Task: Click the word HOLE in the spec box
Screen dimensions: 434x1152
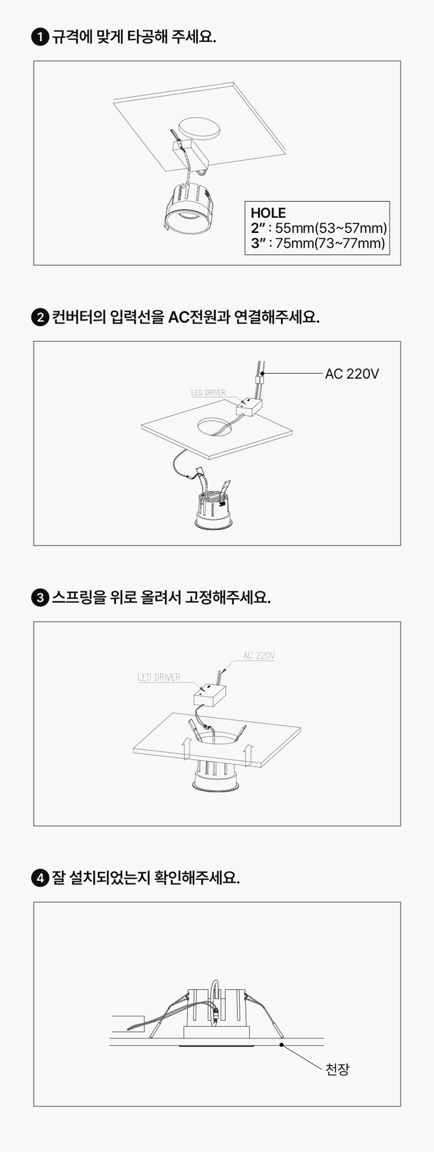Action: pos(268,213)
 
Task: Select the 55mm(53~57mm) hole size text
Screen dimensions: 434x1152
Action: pos(331,228)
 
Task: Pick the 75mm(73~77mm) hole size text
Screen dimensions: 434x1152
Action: pos(330,243)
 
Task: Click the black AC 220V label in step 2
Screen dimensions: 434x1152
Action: pos(352,374)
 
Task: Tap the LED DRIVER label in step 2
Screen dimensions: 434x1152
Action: pos(208,393)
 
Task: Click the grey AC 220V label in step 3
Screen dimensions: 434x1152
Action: pos(259,656)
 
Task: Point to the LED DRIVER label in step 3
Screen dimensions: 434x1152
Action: pos(159,678)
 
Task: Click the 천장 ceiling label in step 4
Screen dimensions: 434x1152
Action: pos(337,1070)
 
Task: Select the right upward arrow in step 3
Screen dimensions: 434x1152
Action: pos(248,755)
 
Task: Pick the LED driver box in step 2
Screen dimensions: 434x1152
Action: pos(249,407)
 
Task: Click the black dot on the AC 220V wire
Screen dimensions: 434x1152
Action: pos(263,373)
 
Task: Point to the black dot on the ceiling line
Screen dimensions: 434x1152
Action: pos(281,1045)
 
